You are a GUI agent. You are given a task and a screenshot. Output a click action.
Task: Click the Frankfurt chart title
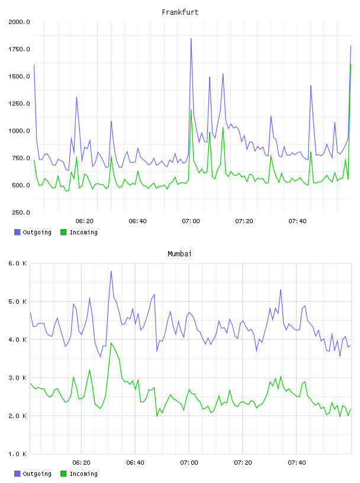point(180,12)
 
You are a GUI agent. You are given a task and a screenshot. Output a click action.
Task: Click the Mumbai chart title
point(179,254)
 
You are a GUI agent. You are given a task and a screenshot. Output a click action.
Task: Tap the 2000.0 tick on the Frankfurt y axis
point(19,22)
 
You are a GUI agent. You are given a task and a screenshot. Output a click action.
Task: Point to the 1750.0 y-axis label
point(19,49)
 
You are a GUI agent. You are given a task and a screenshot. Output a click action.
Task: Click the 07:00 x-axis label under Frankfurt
point(191,221)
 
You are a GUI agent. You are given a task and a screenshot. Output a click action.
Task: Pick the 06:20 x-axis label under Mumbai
point(81,463)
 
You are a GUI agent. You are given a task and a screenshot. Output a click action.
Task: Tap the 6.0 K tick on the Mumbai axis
point(17,263)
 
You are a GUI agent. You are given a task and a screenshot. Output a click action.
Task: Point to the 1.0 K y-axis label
point(17,454)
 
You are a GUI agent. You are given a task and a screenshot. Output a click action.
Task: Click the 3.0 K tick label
point(17,378)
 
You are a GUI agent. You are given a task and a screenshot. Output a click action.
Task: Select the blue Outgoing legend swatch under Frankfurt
point(17,232)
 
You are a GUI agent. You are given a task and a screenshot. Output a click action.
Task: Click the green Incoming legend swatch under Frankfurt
point(63,232)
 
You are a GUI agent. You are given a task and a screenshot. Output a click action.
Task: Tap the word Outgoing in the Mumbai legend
point(37,474)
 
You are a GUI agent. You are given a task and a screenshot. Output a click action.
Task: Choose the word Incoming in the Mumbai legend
point(83,474)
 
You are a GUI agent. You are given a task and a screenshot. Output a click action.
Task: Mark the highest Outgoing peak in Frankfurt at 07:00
point(191,39)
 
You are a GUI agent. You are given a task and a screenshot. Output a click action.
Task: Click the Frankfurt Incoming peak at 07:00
point(191,110)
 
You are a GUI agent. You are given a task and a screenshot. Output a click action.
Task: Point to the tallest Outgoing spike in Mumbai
point(111,271)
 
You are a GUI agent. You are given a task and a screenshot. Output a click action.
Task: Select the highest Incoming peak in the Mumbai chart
point(111,343)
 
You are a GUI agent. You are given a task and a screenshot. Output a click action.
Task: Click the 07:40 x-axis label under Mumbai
point(297,463)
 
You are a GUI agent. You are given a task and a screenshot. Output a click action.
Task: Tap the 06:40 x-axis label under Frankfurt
point(137,221)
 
